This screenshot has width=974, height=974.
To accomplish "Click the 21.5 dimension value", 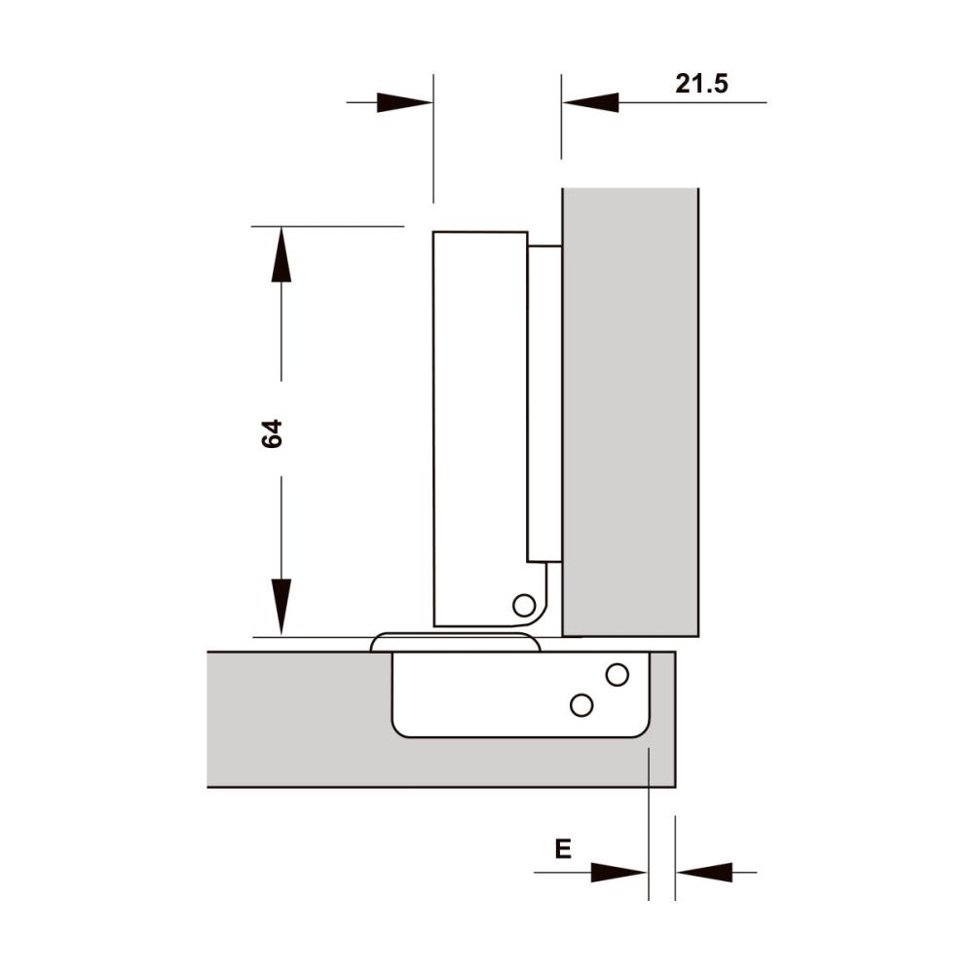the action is click(701, 83).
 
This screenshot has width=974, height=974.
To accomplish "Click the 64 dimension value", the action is click(272, 433).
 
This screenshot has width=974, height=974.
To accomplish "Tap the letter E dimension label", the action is click(563, 848).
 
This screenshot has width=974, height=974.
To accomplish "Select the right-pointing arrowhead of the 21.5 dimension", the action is click(404, 102).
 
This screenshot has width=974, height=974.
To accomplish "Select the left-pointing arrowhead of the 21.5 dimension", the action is click(590, 102).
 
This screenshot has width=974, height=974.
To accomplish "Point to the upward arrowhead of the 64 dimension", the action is click(281, 254).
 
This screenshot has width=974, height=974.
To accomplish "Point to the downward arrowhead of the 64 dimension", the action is click(281, 607).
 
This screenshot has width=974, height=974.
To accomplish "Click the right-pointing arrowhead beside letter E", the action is click(618, 872).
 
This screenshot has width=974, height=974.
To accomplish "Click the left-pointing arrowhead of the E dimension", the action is click(704, 872).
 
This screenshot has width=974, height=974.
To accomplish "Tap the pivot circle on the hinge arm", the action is click(524, 605).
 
